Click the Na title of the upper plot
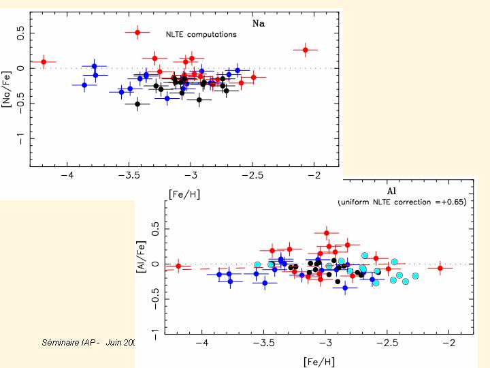click(259, 23)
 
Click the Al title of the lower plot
click(393, 190)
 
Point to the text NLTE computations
click(201, 34)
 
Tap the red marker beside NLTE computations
click(137, 32)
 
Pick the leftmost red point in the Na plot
click(44, 62)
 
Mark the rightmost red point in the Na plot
click(306, 50)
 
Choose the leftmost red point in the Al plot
click(178, 266)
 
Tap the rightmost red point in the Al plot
click(440, 269)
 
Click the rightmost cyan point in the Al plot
click(415, 276)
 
